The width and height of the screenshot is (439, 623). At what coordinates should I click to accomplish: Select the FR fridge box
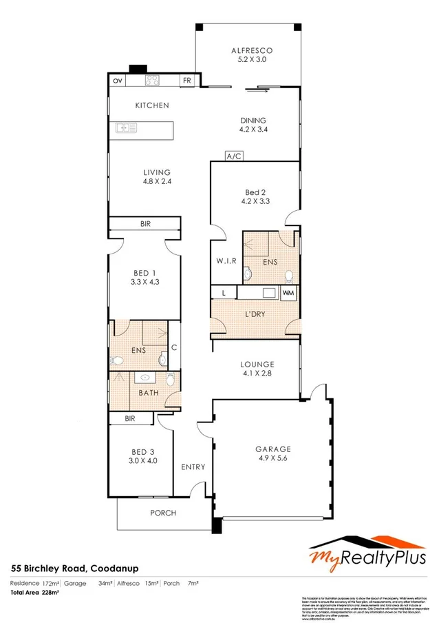[186, 81]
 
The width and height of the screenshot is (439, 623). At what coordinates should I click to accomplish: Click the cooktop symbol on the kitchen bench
[152, 80]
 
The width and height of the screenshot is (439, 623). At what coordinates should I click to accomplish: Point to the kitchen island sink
[127, 127]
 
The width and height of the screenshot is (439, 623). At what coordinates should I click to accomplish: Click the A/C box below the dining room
[234, 157]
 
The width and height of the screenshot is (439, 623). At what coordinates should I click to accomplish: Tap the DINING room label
[253, 119]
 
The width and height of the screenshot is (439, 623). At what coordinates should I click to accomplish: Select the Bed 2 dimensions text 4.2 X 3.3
[253, 202]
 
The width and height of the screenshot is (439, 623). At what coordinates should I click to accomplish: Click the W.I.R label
[226, 261]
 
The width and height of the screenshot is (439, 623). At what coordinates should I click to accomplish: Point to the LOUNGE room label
[258, 364]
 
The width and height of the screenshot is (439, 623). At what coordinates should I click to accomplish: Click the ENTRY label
[193, 467]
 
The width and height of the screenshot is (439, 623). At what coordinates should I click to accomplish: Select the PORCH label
[163, 513]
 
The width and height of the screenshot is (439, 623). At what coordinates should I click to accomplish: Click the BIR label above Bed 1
[145, 225]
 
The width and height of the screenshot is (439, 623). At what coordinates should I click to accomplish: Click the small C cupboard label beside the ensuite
[174, 347]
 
